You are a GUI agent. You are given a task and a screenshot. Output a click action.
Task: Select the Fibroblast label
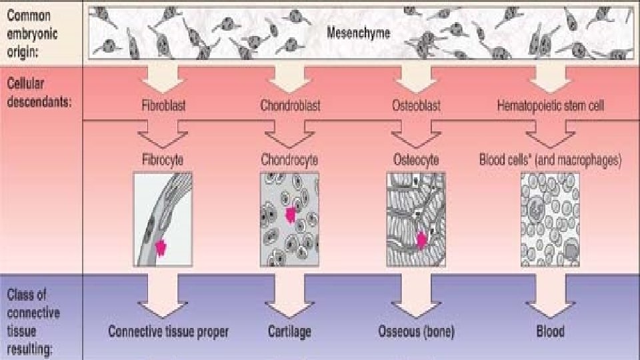pyautogui.click(x=163, y=106)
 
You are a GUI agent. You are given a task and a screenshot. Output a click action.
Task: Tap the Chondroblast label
pyautogui.click(x=290, y=106)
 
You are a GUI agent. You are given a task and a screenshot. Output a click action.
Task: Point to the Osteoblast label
pyautogui.click(x=416, y=106)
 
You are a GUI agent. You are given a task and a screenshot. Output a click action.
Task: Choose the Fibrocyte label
pyautogui.click(x=163, y=161)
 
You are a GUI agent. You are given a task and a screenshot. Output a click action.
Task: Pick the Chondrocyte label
pyautogui.click(x=289, y=161)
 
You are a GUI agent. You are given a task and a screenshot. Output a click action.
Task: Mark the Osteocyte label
pyautogui.click(x=416, y=161)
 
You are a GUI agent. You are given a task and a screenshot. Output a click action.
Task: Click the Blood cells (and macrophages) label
pyautogui.click(x=550, y=161)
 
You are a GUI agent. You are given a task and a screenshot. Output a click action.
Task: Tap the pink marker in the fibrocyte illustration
pyautogui.click(x=160, y=247)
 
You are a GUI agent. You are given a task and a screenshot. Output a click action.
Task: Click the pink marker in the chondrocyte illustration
pyautogui.click(x=290, y=215)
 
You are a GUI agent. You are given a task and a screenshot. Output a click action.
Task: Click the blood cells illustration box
pyautogui.click(x=550, y=219)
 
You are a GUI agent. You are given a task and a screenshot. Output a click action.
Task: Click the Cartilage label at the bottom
pyautogui.click(x=289, y=331)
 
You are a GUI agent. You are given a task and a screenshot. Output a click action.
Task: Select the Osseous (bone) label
pyautogui.click(x=416, y=331)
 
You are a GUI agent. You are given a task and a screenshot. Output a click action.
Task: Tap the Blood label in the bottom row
pyautogui.click(x=550, y=331)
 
